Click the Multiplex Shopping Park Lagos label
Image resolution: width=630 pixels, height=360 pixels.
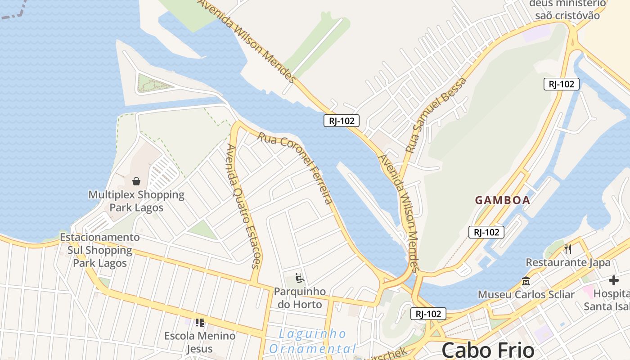coord(136,201)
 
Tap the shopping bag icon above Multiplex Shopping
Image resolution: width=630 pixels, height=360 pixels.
coord(136,181)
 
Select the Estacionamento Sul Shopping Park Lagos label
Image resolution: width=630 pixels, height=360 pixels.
coord(100,250)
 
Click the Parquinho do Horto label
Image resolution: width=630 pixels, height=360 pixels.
coord(300,298)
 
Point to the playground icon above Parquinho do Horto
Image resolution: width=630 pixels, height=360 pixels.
coord(300,279)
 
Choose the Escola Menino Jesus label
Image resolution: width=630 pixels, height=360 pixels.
coord(199,342)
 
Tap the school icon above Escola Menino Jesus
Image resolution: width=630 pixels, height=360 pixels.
coord(199,322)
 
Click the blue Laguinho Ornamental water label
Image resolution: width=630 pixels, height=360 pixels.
coord(313,341)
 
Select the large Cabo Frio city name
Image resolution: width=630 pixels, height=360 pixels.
coord(488,350)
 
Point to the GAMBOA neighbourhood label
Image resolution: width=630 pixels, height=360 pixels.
coord(503,200)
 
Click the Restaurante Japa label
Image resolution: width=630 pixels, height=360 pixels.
coord(568,262)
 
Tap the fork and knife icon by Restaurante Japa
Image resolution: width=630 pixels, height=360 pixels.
coord(568,249)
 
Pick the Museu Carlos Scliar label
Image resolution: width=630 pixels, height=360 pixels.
coord(526,295)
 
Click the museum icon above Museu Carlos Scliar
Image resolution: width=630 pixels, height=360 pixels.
coord(526,281)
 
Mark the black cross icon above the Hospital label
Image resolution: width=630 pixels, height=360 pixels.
coord(613,280)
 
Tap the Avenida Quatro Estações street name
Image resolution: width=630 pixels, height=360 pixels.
coord(243,206)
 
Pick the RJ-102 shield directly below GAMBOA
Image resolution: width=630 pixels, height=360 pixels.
coord(486,232)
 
